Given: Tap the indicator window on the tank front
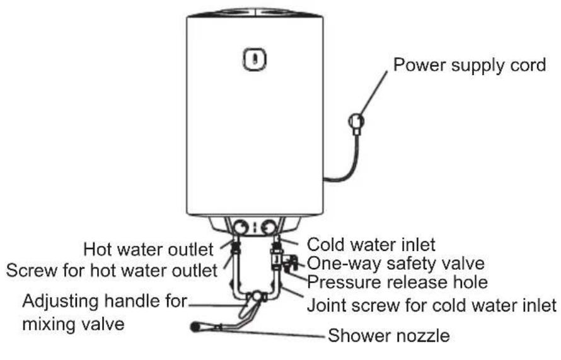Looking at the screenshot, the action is (x=255, y=59).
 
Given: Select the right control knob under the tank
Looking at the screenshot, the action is (x=269, y=228).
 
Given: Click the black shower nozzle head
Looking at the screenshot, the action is (x=195, y=327).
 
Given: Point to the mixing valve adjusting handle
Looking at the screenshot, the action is (x=247, y=308).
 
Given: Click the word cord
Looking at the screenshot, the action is (x=527, y=65).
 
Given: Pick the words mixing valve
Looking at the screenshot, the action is (x=73, y=324).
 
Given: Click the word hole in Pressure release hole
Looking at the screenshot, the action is (x=470, y=282).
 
